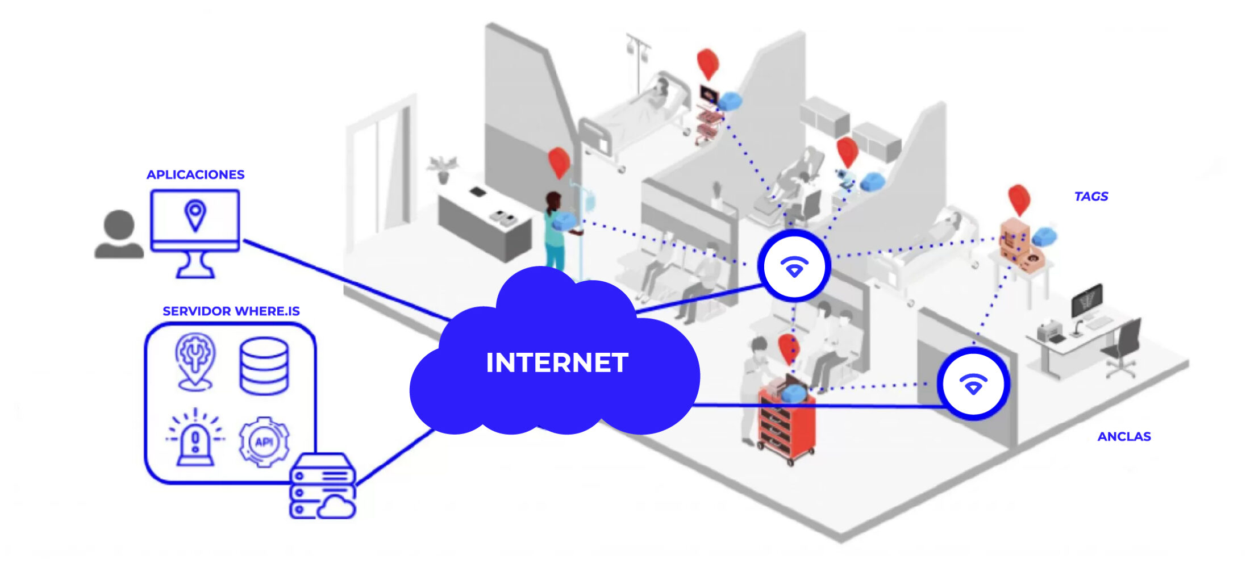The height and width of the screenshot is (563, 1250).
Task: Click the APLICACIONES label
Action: pyautogui.click(x=195, y=174)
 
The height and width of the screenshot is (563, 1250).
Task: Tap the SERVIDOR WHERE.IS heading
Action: pyautogui.click(x=231, y=311)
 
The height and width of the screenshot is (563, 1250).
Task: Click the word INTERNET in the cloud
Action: pyautogui.click(x=557, y=363)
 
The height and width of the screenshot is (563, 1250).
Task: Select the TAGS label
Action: pyautogui.click(x=1091, y=197)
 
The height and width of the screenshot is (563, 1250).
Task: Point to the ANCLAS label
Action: pyautogui.click(x=1124, y=436)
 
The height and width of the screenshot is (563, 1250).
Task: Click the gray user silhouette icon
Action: pyautogui.click(x=119, y=235)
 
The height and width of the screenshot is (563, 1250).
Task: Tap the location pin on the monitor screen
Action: pyautogui.click(x=195, y=215)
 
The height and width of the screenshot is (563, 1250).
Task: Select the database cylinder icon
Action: pyautogui.click(x=264, y=366)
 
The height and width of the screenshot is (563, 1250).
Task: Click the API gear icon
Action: pyautogui.click(x=264, y=441)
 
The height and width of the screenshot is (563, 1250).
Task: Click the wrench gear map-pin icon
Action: pyautogui.click(x=195, y=361)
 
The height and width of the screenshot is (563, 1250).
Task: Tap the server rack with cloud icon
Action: pyautogui.click(x=323, y=486)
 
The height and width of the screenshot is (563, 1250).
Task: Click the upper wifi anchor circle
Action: pyautogui.click(x=794, y=266)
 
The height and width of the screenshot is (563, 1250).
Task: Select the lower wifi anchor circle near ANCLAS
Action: pyautogui.click(x=973, y=384)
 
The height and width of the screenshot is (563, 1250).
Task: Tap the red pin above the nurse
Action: pyautogui.click(x=559, y=162)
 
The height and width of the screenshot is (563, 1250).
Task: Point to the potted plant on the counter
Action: pyautogui.click(x=443, y=169)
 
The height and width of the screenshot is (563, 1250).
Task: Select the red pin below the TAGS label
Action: pyautogui.click(x=1019, y=199)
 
